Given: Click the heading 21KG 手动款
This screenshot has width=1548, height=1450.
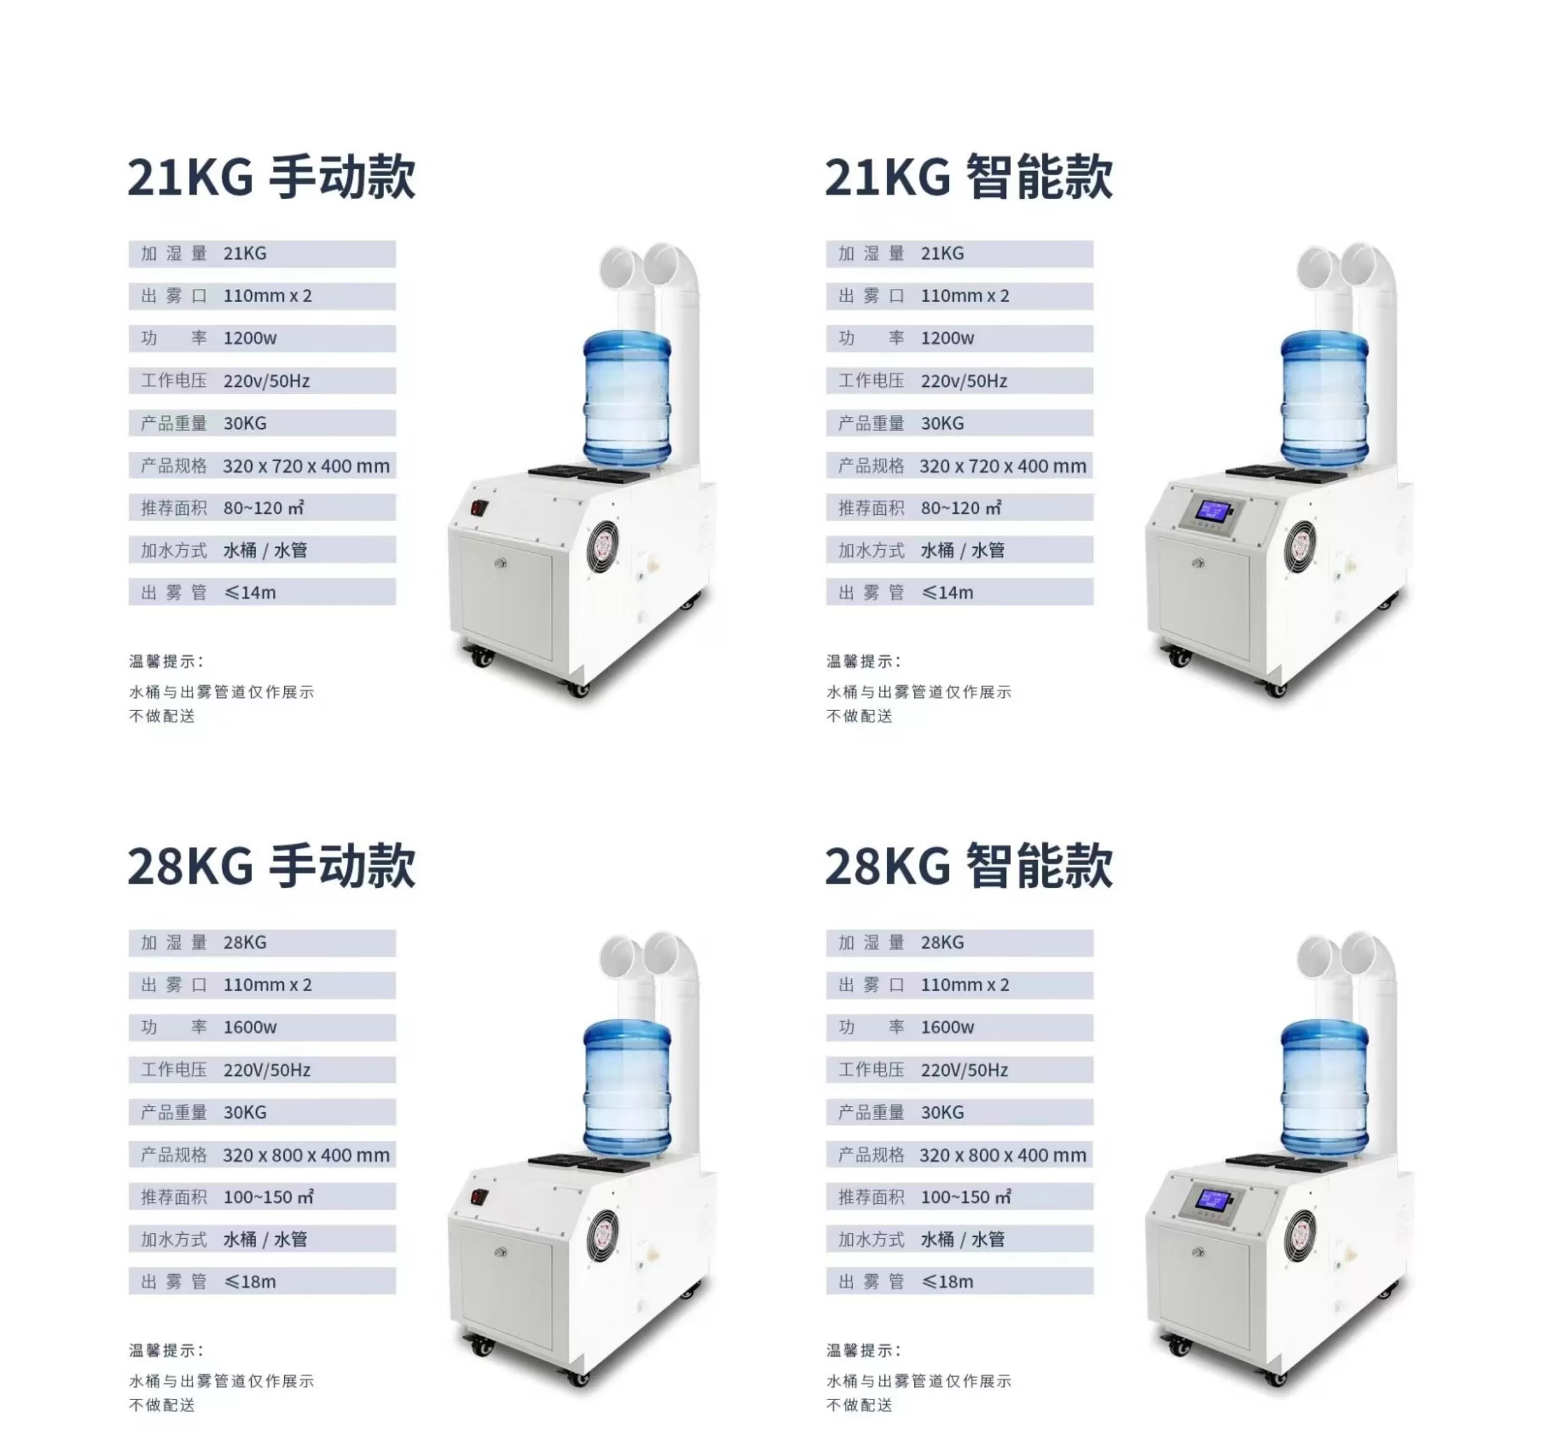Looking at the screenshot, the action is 271,177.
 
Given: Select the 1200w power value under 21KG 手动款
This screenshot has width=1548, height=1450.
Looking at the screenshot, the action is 250,338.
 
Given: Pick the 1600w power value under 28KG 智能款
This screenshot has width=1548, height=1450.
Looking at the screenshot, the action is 947,1027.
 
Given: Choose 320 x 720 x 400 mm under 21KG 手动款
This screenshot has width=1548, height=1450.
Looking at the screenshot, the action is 306,466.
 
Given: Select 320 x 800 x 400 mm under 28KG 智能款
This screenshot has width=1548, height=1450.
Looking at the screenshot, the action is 1002,1155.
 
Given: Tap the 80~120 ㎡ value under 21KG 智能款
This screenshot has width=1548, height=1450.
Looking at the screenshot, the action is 961,507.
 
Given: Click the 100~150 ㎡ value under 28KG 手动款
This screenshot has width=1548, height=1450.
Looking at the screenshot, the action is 268,1197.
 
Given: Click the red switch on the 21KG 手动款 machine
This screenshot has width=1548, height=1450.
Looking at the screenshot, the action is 478,508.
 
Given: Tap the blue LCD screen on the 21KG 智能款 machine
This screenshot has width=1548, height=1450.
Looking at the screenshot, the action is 1214,511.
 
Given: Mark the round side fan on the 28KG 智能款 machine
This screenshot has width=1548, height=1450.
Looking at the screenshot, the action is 1299,1235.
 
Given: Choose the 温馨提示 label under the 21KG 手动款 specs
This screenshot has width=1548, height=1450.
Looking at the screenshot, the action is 166,661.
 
